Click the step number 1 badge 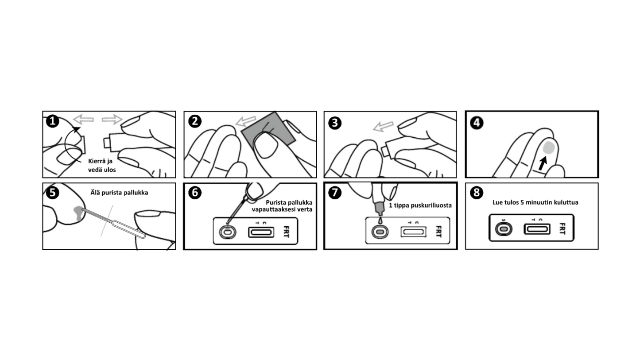pyautogui.click(x=53, y=121)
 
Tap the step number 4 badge pyautogui.click(x=477, y=123)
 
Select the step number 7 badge pyautogui.click(x=335, y=193)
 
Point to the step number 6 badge pyautogui.click(x=195, y=193)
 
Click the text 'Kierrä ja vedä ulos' pyautogui.click(x=102, y=166)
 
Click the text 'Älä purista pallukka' pyautogui.click(x=119, y=193)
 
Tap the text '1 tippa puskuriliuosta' pyautogui.click(x=420, y=205)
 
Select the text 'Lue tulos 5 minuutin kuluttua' pyautogui.click(x=535, y=202)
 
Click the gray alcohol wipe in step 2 pyautogui.click(x=268, y=130)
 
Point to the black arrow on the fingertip pyautogui.click(x=542, y=164)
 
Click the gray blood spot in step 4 pyautogui.click(x=549, y=148)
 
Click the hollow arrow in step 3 pyautogui.click(x=384, y=126)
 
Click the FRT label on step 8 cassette pyautogui.click(x=562, y=228)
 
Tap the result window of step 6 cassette pyautogui.click(x=261, y=232)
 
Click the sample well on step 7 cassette pyautogui.click(x=380, y=232)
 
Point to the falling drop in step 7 pyautogui.click(x=380, y=221)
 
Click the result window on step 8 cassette pyautogui.click(x=537, y=229)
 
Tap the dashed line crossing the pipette pyautogui.click(x=107, y=221)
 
